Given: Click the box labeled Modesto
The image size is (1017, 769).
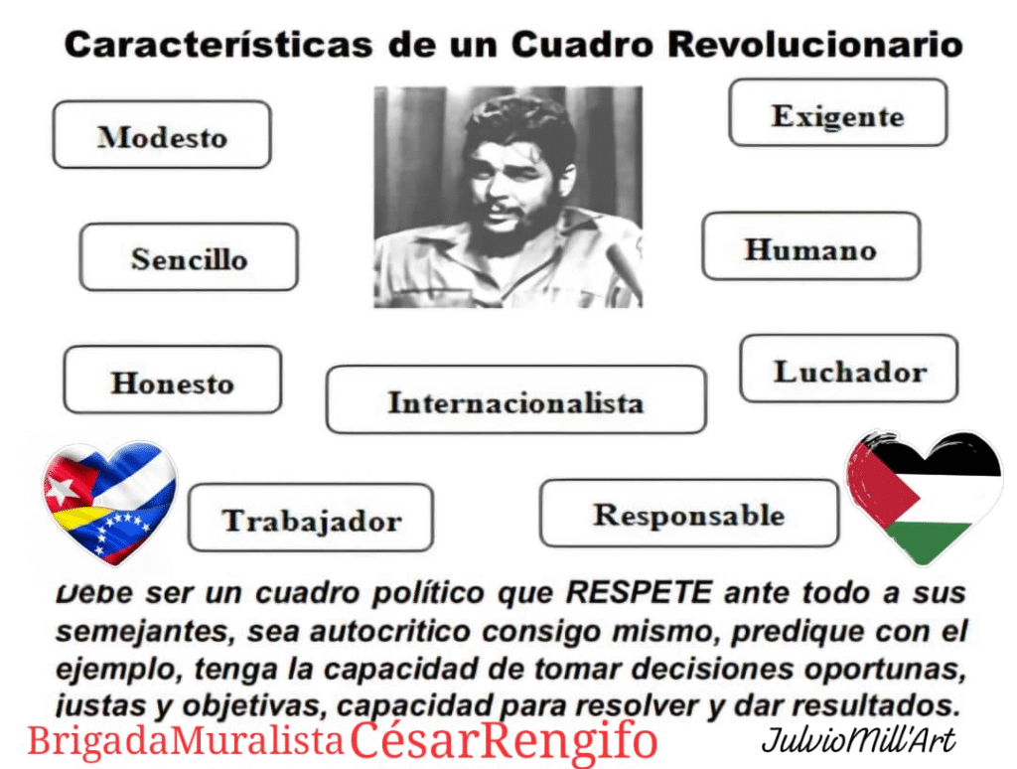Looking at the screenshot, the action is [162, 135].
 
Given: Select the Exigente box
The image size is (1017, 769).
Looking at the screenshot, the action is [837, 113].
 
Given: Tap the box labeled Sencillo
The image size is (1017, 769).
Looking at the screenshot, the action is [189, 257].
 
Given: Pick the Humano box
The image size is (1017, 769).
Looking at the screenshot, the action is [810, 246].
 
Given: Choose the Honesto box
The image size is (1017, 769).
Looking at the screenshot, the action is [173, 380].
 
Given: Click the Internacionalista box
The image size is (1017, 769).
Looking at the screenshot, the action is [516, 399].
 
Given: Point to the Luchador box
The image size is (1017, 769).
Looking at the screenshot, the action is [849, 369].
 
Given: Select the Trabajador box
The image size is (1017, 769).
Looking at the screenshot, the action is [311, 518].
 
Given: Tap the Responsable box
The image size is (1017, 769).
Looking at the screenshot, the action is [689, 514].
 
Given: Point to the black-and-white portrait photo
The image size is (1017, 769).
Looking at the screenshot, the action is [508, 197].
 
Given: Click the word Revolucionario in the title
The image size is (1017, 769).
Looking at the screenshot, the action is [815, 45].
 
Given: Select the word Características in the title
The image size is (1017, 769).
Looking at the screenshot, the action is [218, 45].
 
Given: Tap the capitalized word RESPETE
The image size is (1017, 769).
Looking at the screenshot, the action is [640, 592].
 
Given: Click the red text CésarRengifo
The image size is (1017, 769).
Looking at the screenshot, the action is [504, 740].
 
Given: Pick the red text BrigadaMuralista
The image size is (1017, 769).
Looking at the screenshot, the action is [186, 741].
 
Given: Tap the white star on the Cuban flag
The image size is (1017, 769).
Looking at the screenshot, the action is [63, 489].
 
